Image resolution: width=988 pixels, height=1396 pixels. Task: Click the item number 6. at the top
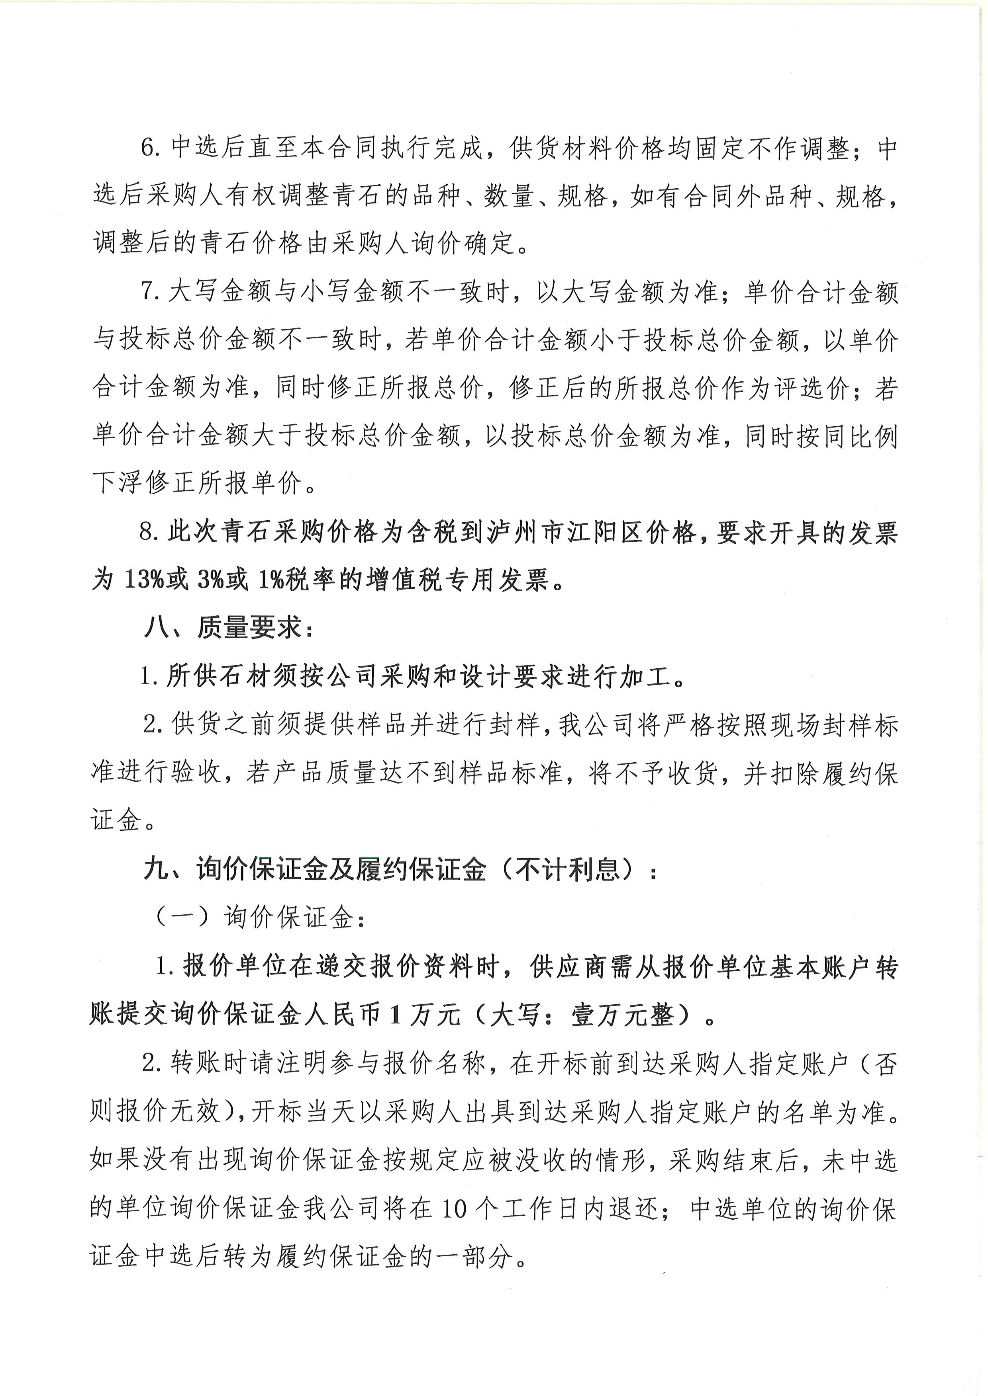[150, 148]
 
